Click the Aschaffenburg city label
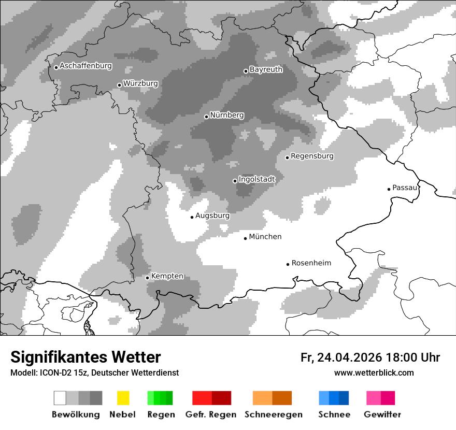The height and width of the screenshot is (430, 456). pyautogui.click(x=85, y=66)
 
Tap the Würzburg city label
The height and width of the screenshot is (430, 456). pyautogui.click(x=140, y=83)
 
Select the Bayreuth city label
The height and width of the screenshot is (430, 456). pyautogui.click(x=266, y=69)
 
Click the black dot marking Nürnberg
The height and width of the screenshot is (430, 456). pyautogui.click(x=206, y=117)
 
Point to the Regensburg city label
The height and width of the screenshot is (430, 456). pyautogui.click(x=312, y=156)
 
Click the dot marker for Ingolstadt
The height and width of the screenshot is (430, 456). pyautogui.click(x=235, y=181)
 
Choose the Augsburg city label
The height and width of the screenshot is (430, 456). pyautogui.click(x=212, y=216)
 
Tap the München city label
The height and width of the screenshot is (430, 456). pyautogui.click(x=265, y=237)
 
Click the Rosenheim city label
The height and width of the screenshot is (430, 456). pyautogui.click(x=311, y=263)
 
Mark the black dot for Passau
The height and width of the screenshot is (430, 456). pyautogui.click(x=389, y=189)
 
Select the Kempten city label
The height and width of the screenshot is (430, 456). pyautogui.click(x=167, y=276)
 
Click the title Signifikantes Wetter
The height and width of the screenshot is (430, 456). pyautogui.click(x=85, y=357)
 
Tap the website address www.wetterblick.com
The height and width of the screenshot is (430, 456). pyautogui.click(x=374, y=372)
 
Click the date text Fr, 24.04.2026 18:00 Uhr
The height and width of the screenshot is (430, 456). pyautogui.click(x=370, y=357)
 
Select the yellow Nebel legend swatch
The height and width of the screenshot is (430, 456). pyautogui.click(x=123, y=398)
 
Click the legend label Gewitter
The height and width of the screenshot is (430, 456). pyautogui.click(x=382, y=414)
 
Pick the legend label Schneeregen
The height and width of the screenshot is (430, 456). pyautogui.click(x=274, y=414)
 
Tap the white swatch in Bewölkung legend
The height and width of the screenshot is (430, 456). pyautogui.click(x=60, y=398)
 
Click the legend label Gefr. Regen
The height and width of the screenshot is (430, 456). pyautogui.click(x=211, y=414)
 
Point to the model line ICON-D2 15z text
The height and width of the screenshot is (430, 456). pyautogui.click(x=94, y=372)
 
